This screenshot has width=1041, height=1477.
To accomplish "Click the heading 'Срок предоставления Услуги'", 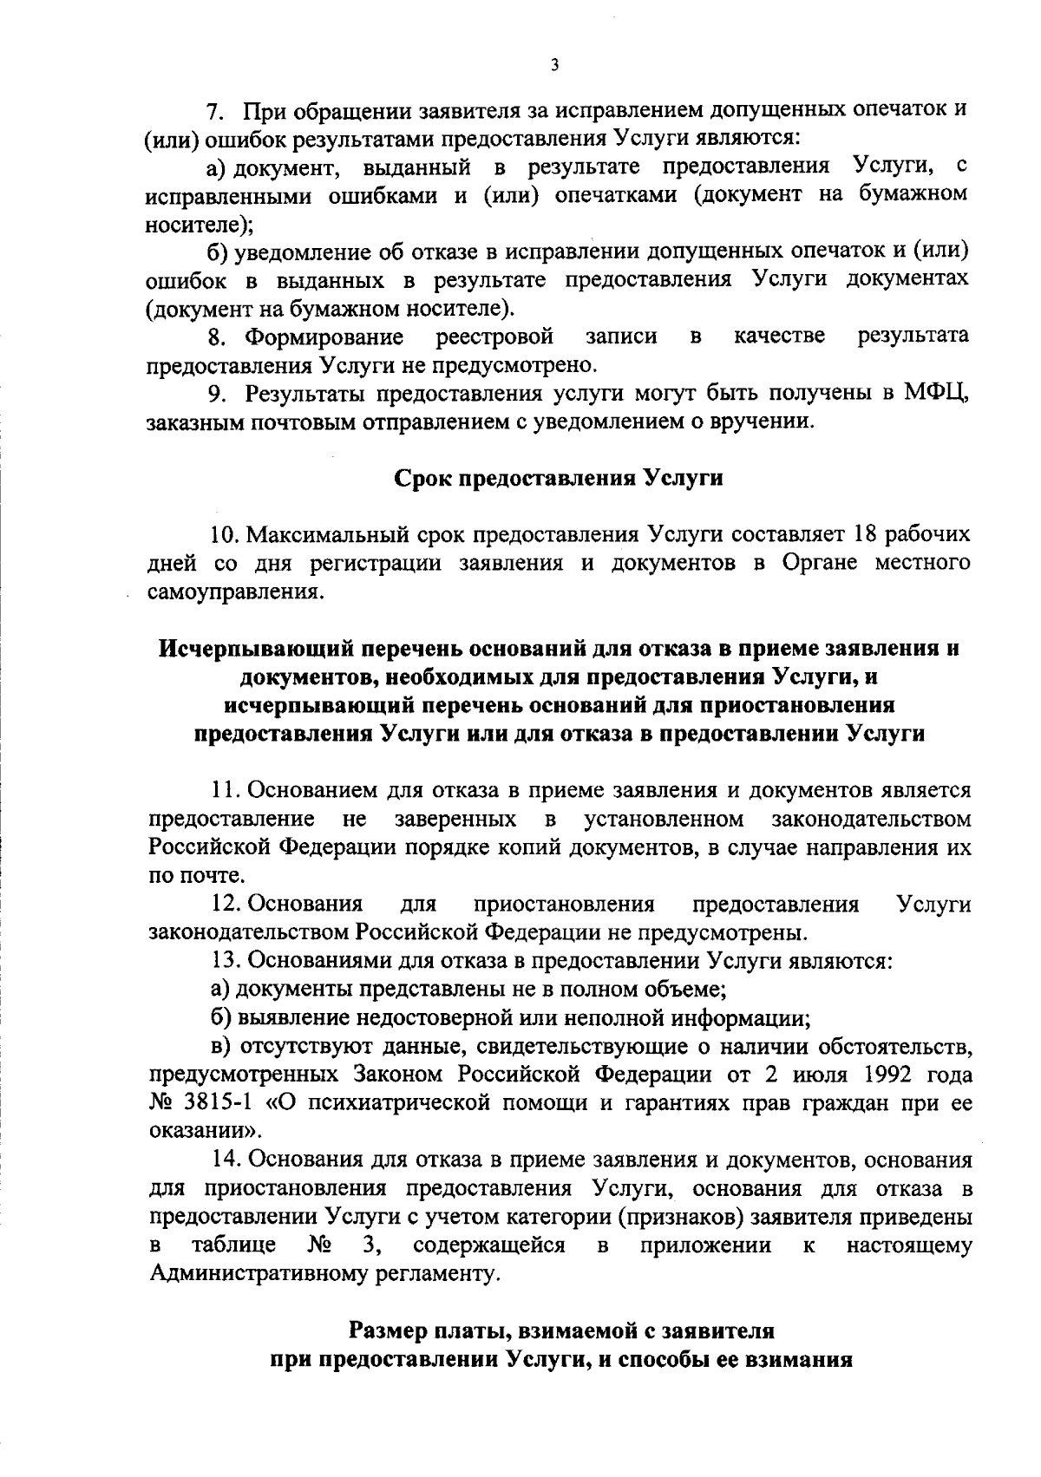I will pos(559,478).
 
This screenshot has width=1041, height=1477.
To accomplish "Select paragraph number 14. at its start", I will pos(226,1160).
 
